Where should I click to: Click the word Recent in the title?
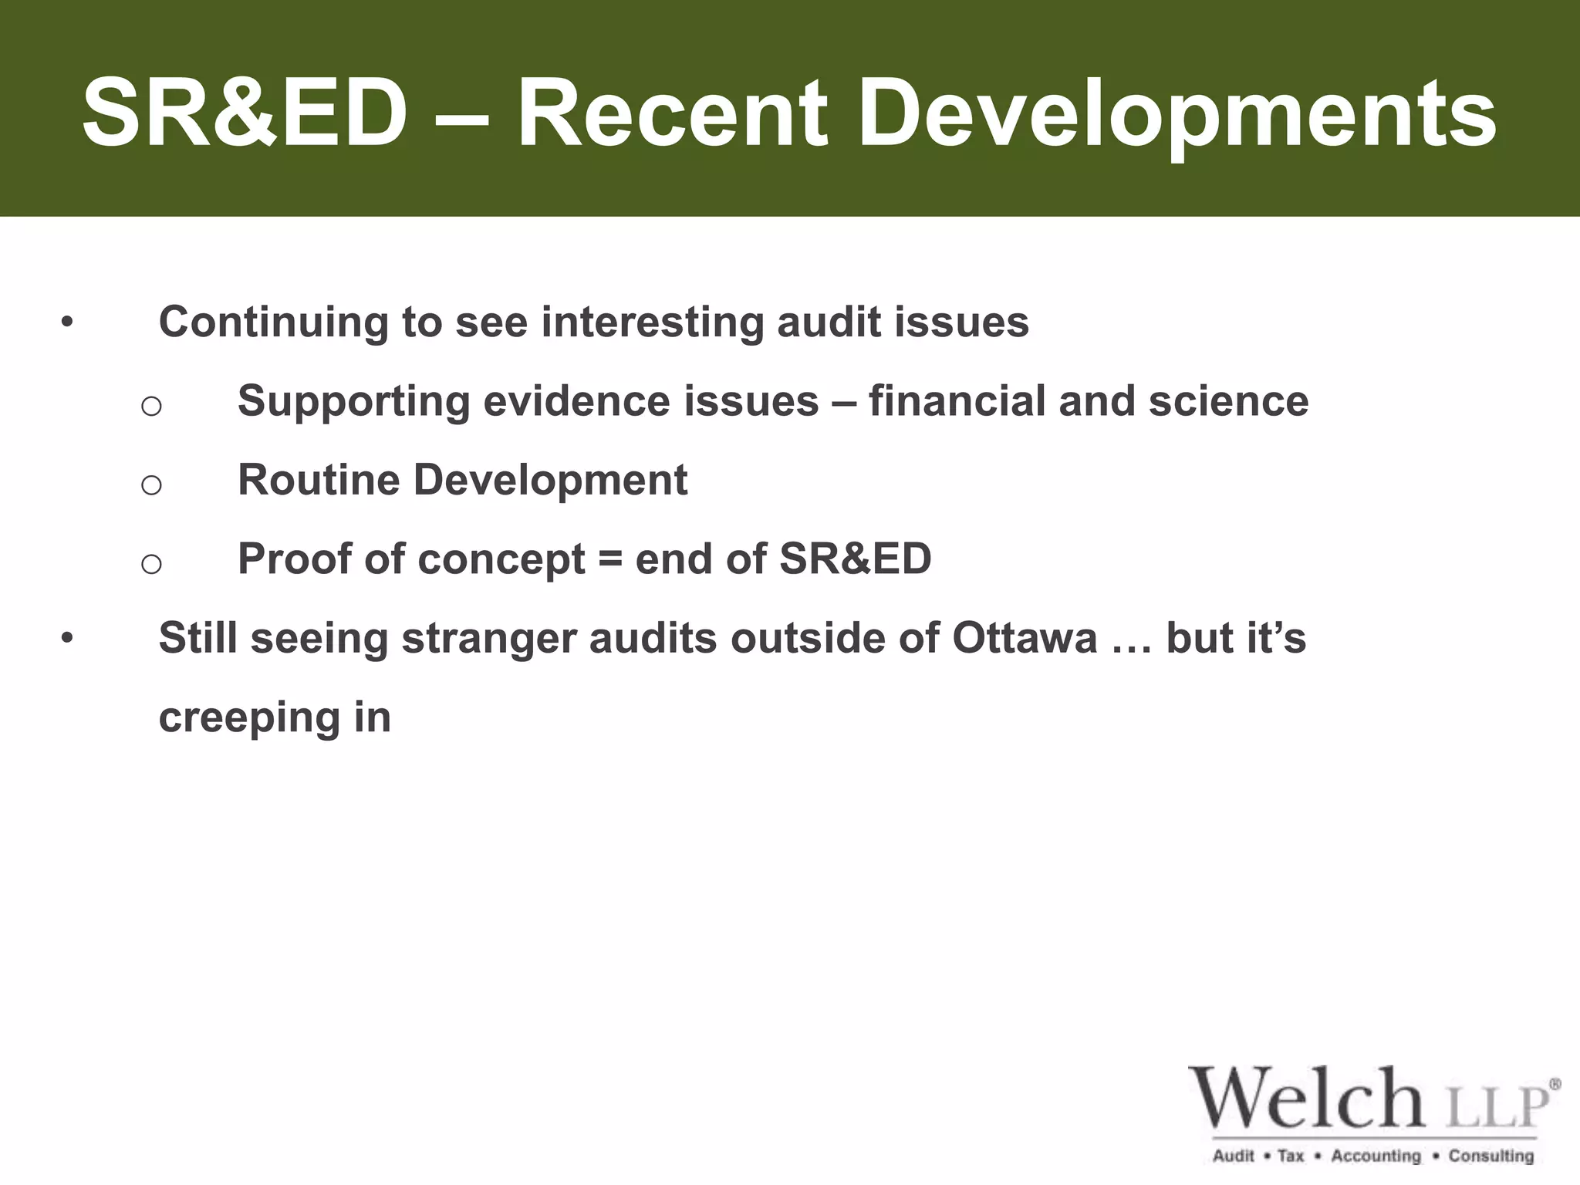671,113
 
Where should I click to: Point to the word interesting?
652,322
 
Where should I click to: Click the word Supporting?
354,402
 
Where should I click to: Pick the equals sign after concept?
609,559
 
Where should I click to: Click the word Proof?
294,559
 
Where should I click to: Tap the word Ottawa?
1024,638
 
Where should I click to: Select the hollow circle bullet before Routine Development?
151,484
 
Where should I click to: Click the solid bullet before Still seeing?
68,637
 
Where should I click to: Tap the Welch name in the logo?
1305,1099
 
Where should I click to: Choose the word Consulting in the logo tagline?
1491,1156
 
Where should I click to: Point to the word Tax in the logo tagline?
1290,1156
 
